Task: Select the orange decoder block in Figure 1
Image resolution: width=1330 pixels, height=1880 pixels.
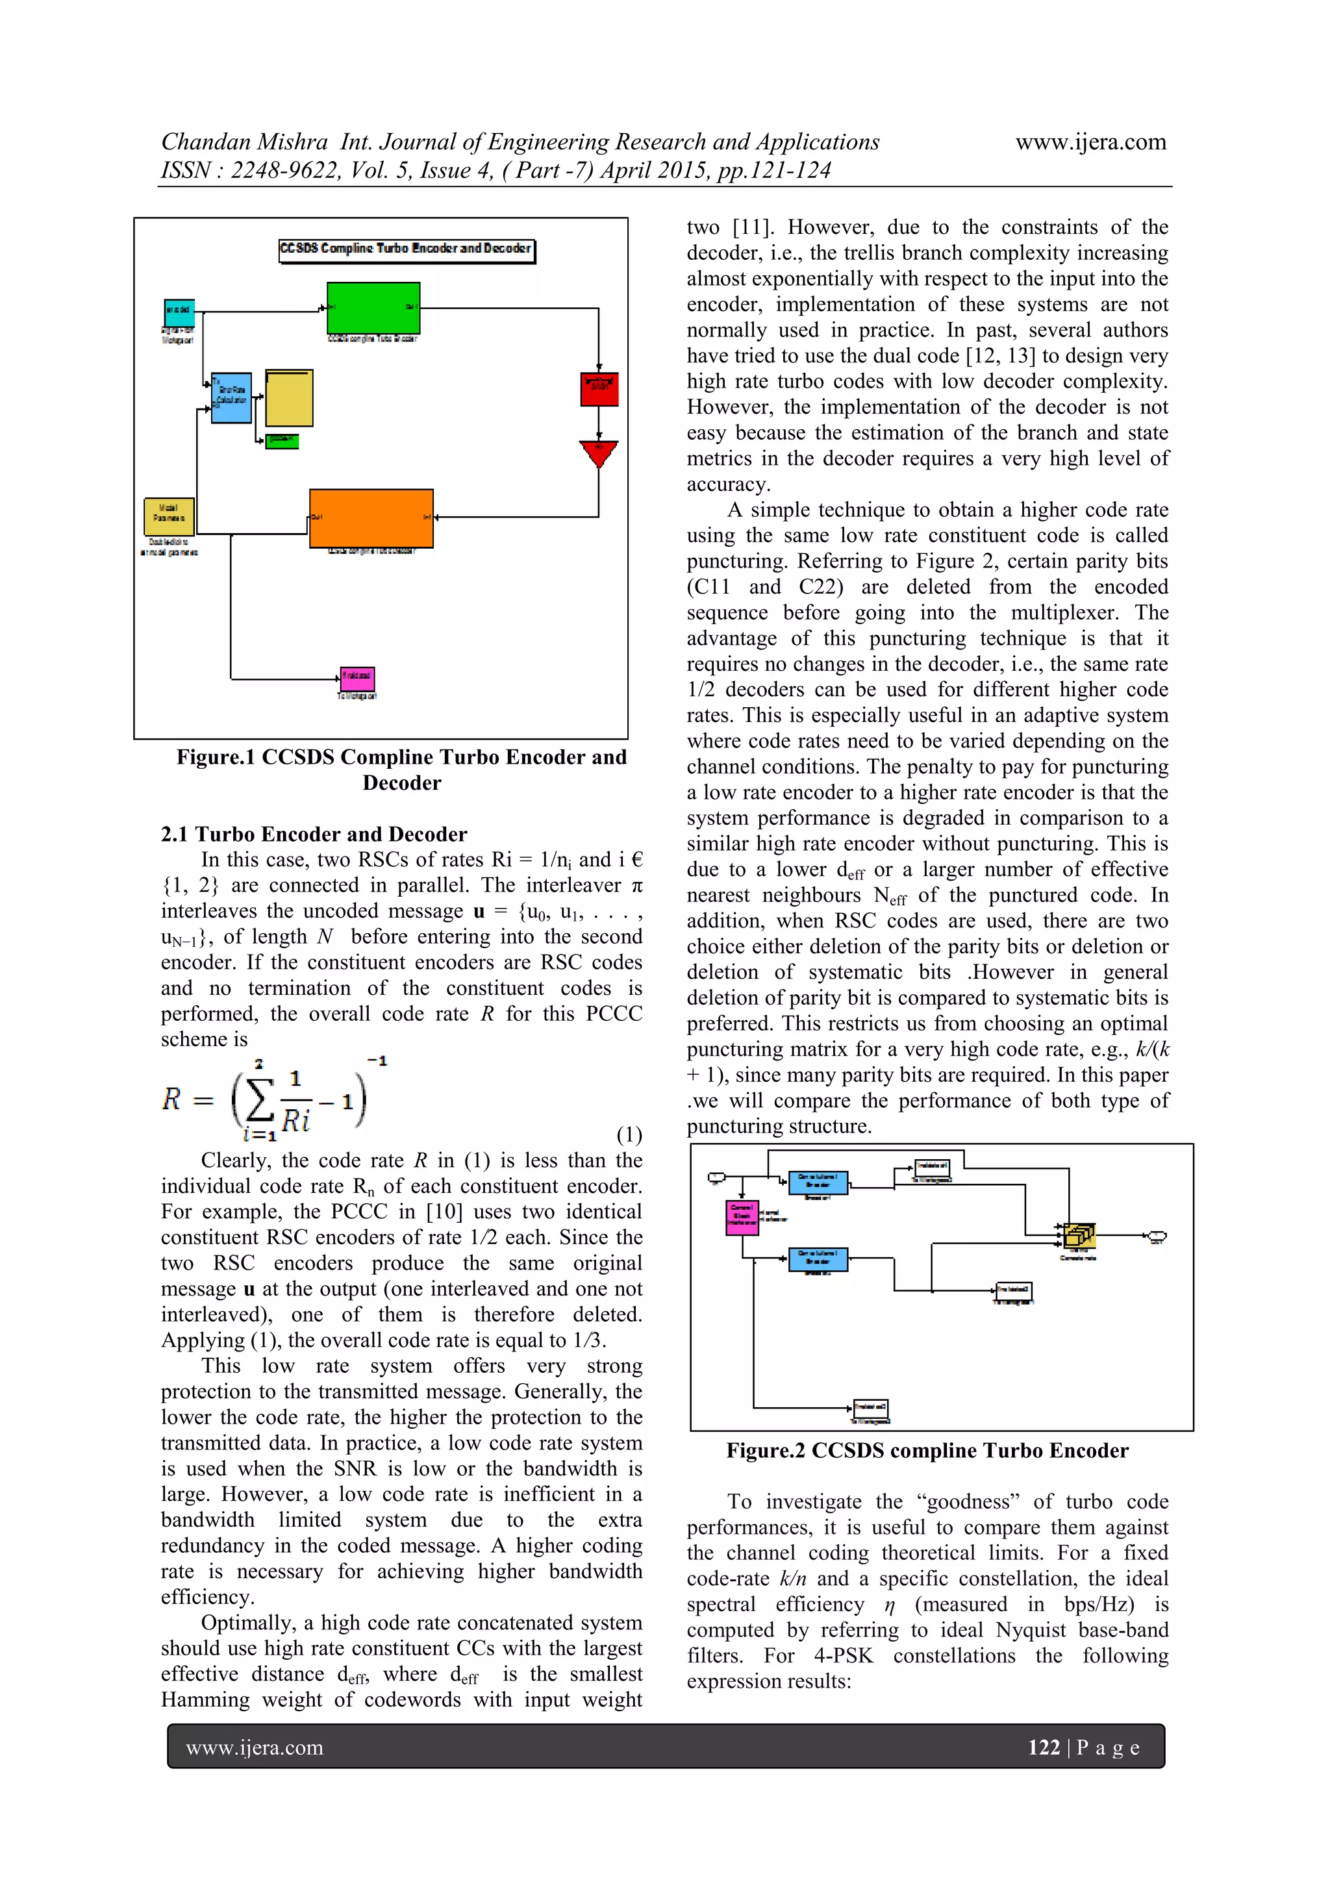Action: (x=371, y=518)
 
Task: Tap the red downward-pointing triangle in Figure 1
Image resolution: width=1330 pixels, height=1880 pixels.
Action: (x=599, y=453)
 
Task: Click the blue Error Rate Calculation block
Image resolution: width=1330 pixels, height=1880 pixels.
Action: (x=231, y=396)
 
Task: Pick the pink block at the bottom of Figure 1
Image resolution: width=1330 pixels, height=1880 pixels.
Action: (x=358, y=678)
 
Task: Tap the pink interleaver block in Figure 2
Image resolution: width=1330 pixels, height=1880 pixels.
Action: (x=742, y=1218)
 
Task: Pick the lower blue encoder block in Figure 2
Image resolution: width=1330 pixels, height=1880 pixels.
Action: (x=818, y=1259)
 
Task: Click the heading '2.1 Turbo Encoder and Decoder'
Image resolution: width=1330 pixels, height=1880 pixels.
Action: (x=314, y=834)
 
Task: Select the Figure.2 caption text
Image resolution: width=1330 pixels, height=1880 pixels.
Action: (x=927, y=1450)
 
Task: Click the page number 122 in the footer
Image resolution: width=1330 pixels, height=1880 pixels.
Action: (x=1044, y=1748)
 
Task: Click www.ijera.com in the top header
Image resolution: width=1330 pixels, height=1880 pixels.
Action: (x=1090, y=142)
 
